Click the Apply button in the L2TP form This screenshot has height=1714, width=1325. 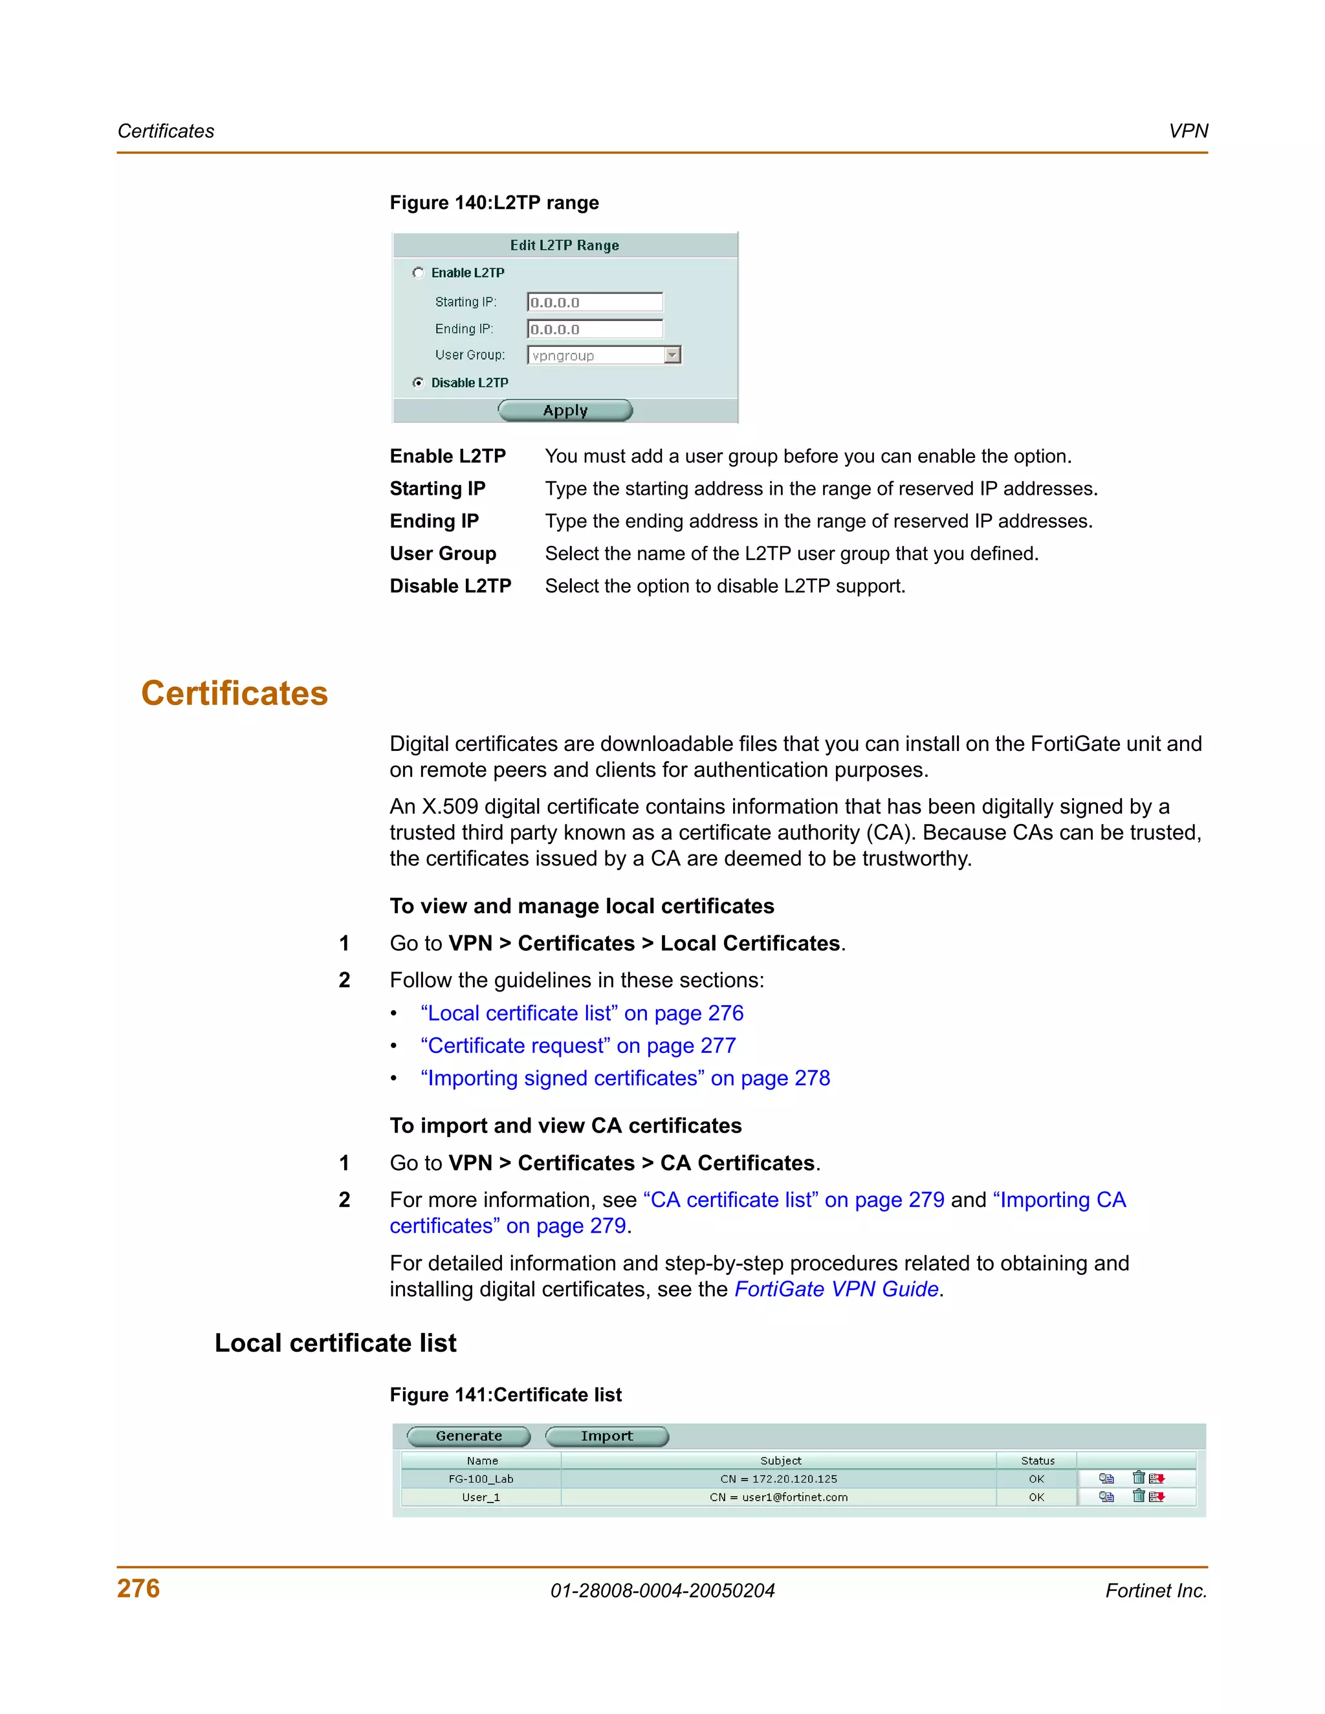pos(565,411)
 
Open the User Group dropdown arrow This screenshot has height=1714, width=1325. pos(672,356)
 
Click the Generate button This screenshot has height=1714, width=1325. pos(468,1436)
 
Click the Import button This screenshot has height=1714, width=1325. pos(607,1436)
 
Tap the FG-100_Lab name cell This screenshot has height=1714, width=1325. pos(481,1479)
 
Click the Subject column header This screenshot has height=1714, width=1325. pos(780,1460)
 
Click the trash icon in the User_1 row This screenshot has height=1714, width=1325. pos(1138,1497)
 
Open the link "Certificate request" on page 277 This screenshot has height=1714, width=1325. pos(578,1046)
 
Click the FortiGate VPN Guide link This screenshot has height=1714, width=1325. pos(836,1290)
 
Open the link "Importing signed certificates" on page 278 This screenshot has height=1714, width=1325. pos(625,1078)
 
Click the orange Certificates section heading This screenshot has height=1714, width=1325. pos(234,694)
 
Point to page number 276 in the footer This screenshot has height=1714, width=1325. pos(138,1589)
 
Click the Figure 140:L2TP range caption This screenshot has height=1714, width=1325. pos(494,203)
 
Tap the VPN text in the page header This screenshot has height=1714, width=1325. pos(1188,131)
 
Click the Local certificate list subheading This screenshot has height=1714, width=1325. pos(335,1343)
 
